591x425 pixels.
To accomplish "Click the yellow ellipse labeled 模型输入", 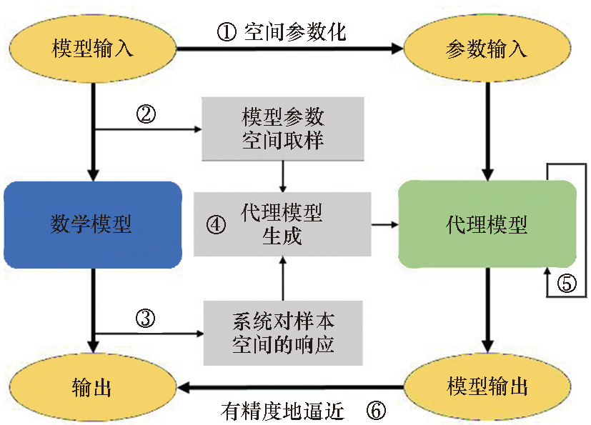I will [x=93, y=49].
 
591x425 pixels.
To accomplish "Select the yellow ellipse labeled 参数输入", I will [x=487, y=49].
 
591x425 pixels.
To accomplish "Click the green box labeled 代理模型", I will [x=487, y=225].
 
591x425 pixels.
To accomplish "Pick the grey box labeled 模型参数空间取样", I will [x=283, y=129].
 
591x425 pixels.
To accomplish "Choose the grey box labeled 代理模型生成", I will [x=283, y=224].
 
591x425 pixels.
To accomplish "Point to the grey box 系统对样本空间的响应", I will [x=283, y=333].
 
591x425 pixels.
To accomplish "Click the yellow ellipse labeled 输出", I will [x=93, y=387].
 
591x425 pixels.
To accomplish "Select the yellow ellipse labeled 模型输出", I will [x=487, y=387].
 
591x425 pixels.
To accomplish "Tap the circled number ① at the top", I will [x=227, y=32].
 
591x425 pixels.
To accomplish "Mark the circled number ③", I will [x=145, y=318].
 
